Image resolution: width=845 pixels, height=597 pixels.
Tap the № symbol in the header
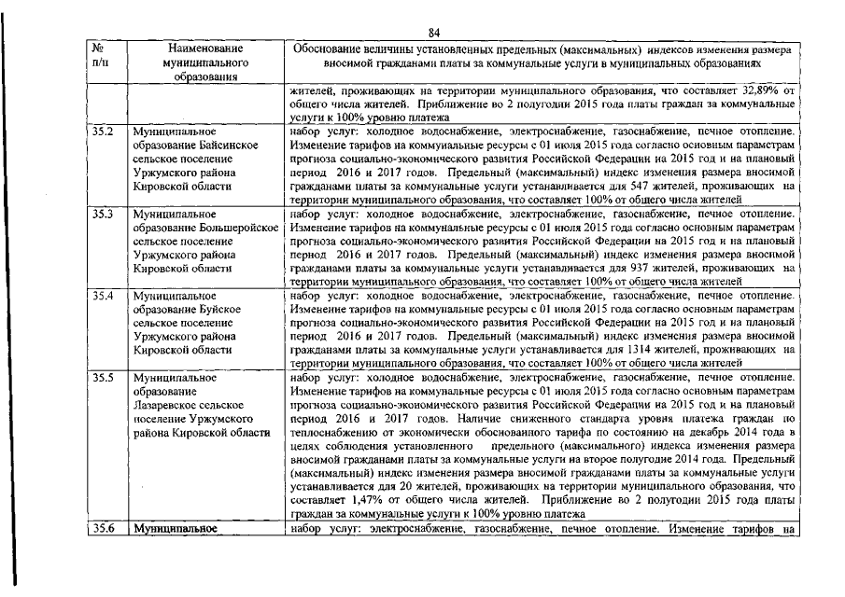point(98,48)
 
